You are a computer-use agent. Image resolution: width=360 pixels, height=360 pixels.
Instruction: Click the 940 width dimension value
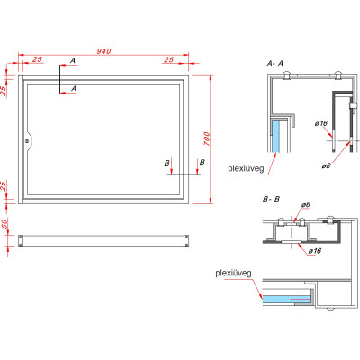103,51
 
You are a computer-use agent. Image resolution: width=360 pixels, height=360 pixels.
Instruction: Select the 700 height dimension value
208,139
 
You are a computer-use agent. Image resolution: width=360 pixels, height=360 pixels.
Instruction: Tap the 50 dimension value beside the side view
4,224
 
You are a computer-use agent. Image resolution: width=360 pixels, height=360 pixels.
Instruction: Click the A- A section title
275,63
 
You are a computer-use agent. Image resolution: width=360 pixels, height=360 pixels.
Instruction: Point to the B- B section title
271,199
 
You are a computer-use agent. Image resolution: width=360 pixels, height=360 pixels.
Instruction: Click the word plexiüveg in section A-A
246,168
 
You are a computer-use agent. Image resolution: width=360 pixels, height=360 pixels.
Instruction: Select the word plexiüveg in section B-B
233,274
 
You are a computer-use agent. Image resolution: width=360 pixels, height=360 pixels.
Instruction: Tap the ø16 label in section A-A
320,123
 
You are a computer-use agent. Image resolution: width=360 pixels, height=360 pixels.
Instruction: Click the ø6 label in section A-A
326,166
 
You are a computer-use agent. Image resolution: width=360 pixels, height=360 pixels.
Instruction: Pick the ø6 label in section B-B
306,204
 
